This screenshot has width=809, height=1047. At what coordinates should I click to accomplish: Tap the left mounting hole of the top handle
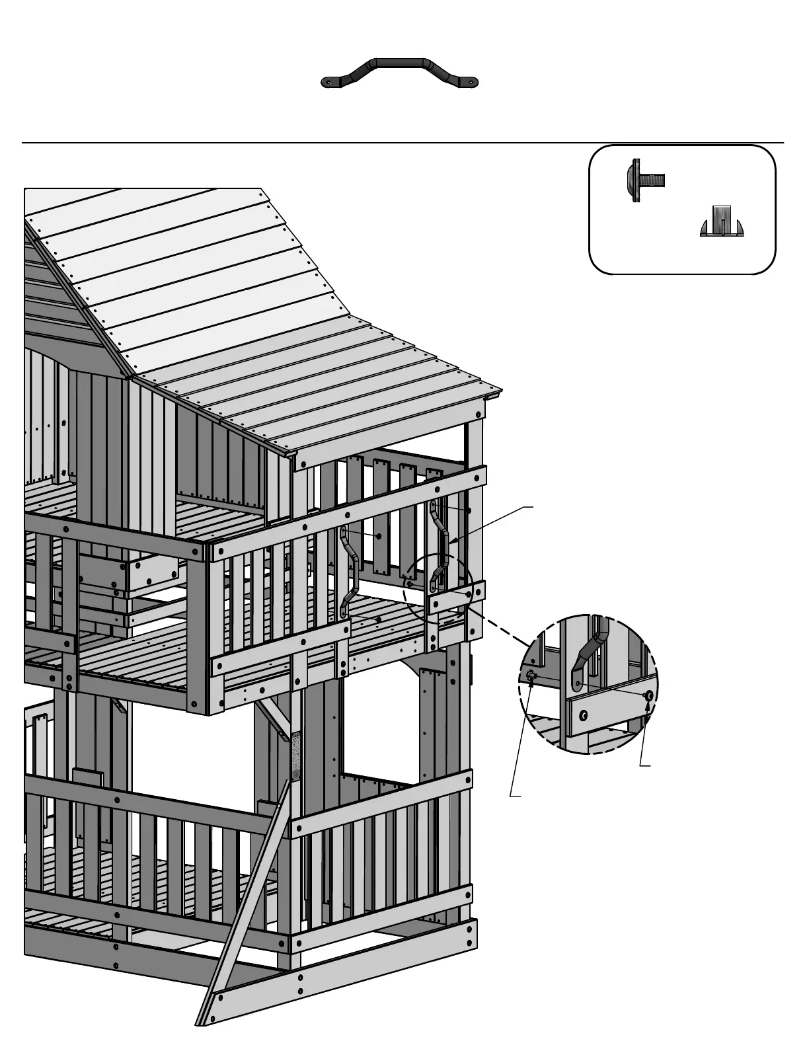pos(328,83)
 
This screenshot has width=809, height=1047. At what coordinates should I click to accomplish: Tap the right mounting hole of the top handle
pos(471,83)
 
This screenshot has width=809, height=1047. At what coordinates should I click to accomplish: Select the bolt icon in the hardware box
pos(644,180)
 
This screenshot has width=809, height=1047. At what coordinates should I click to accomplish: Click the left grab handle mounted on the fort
pos(349,572)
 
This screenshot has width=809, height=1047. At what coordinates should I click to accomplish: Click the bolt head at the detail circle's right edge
pos(648,695)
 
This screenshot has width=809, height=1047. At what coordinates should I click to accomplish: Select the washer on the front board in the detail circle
pos(584,715)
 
